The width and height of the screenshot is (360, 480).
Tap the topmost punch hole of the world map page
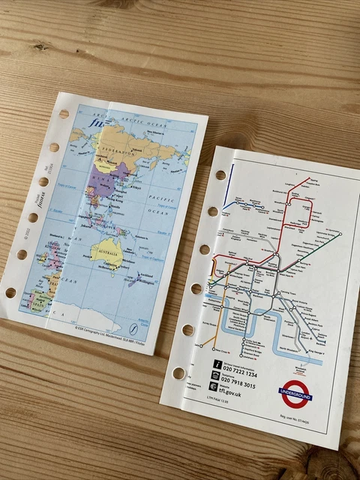click(64, 114)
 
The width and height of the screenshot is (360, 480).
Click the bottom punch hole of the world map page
click(10, 292)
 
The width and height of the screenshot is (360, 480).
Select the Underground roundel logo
click(295, 391)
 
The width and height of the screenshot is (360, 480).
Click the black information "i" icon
click(215, 363)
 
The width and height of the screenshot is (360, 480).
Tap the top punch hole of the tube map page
click(220, 175)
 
